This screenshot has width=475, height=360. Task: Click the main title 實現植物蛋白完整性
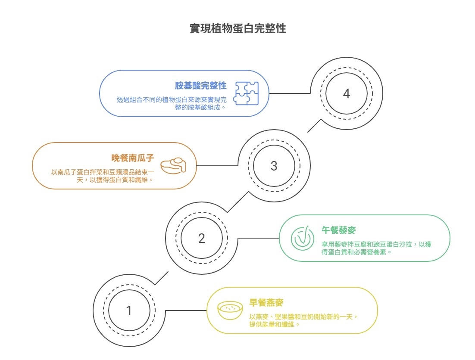[x=237, y=29]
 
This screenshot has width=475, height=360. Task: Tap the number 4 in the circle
[x=346, y=93]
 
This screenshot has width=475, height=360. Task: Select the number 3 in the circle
[x=274, y=166]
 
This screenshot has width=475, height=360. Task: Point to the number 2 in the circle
[x=201, y=238]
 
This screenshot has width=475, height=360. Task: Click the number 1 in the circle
[x=129, y=310]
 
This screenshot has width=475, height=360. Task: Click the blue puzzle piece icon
[x=246, y=93]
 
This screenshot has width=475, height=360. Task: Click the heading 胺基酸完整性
[x=200, y=85]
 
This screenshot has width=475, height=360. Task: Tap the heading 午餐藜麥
[x=338, y=230]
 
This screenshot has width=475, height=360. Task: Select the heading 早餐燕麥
[x=266, y=302]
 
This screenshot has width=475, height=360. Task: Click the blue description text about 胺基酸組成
[x=172, y=103]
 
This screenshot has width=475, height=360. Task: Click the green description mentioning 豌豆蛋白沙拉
[x=376, y=248]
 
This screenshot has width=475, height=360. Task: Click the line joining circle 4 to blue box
[x=289, y=93]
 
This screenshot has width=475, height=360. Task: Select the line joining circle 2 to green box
[x=258, y=238]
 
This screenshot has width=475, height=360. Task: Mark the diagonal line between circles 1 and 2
[x=162, y=278]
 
